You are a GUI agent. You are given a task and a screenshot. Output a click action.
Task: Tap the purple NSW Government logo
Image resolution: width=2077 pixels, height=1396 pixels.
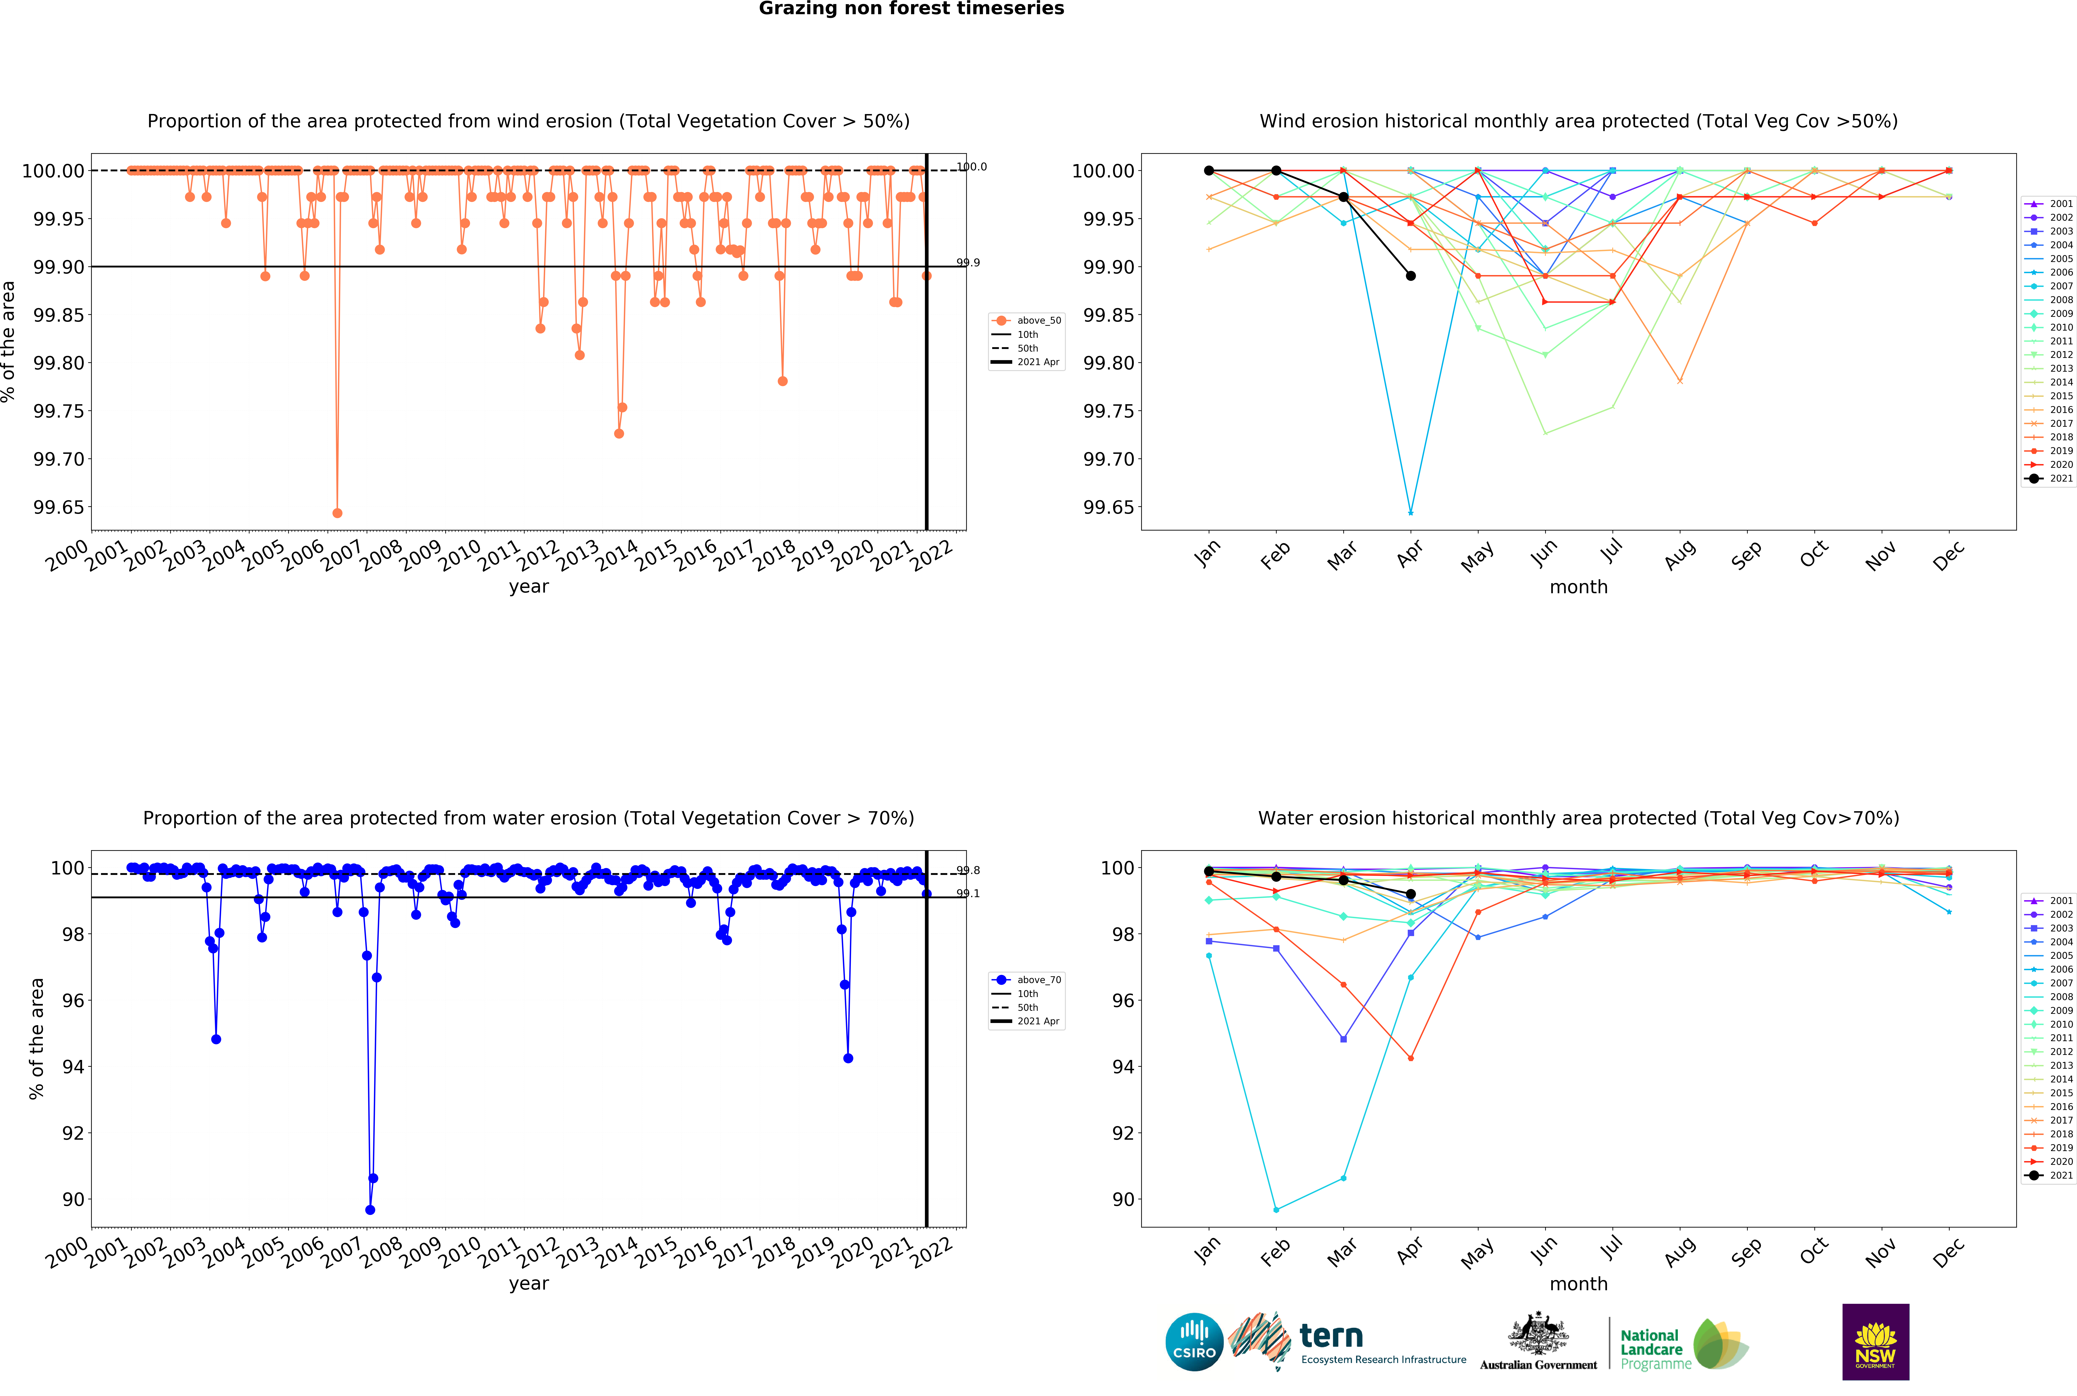1875,1342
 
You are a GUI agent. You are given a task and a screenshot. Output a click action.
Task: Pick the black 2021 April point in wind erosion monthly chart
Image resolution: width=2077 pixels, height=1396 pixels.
1410,276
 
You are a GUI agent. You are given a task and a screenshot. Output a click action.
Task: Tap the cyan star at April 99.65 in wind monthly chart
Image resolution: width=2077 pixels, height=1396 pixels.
1410,513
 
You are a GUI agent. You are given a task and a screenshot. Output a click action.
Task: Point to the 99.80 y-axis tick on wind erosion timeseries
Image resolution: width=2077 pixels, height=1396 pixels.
59,363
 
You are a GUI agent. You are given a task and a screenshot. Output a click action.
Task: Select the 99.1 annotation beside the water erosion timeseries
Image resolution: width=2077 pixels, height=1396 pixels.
968,894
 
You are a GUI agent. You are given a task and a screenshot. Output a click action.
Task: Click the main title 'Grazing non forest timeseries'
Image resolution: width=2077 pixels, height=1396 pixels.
911,9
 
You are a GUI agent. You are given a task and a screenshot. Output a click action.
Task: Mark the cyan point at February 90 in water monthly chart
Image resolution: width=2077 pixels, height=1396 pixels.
1276,1210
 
